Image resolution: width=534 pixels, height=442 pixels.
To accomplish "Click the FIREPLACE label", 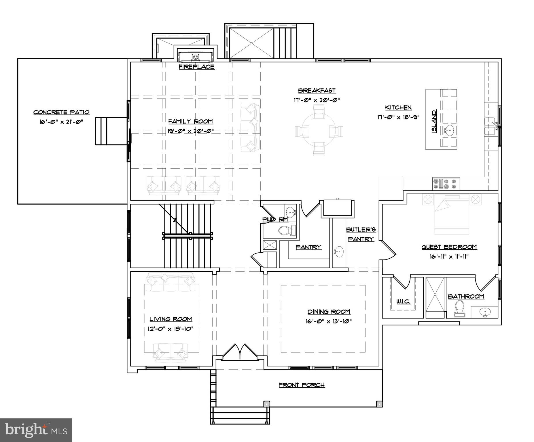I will pyautogui.click(x=196, y=67).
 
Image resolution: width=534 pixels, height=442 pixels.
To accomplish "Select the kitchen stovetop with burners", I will pyautogui.click(x=446, y=184).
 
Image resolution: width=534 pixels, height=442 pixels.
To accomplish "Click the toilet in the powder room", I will pyautogui.click(x=286, y=230).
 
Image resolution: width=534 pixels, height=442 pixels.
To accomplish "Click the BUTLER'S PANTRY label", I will pyautogui.click(x=361, y=234).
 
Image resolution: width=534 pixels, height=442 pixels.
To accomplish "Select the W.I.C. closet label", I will pyautogui.click(x=403, y=301).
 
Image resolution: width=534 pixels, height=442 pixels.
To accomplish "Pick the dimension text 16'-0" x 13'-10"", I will pyautogui.click(x=329, y=321).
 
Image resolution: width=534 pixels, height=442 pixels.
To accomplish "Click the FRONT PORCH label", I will pyautogui.click(x=302, y=385).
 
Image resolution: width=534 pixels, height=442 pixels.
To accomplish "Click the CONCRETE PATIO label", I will pyautogui.click(x=61, y=112).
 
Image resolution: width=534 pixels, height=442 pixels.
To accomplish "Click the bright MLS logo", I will pyautogui.click(x=36, y=430).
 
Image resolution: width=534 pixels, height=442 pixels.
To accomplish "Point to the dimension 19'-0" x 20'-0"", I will pyautogui.click(x=190, y=131).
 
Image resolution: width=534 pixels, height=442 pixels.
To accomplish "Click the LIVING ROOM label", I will pyautogui.click(x=171, y=319).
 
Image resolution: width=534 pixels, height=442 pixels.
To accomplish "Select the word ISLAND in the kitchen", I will pyautogui.click(x=434, y=121).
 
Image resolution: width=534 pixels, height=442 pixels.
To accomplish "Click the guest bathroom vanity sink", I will pyautogui.click(x=486, y=312).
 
